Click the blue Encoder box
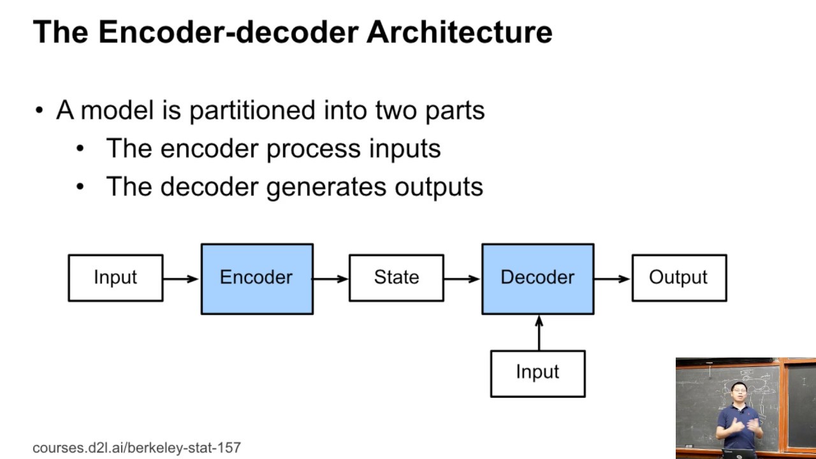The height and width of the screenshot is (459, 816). point(257,279)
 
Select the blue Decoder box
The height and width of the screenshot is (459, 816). point(537,279)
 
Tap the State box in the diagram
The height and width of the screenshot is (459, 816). point(396,278)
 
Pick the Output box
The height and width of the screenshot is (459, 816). point(678,278)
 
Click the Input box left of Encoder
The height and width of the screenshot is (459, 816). point(115,278)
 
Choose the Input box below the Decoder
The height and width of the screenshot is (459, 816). point(537,373)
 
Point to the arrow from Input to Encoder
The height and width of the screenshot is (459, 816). point(181,279)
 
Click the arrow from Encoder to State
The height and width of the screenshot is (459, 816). point(330,279)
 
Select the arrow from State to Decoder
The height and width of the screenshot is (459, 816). point(462,279)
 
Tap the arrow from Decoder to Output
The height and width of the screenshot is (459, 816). point(612,279)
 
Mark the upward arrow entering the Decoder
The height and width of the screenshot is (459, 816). point(539,332)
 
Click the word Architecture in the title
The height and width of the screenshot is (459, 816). point(459,32)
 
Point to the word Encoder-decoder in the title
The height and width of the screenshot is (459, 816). point(228,32)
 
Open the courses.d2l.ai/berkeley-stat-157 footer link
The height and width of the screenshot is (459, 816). point(136,448)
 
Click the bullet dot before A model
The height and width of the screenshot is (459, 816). point(40,111)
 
